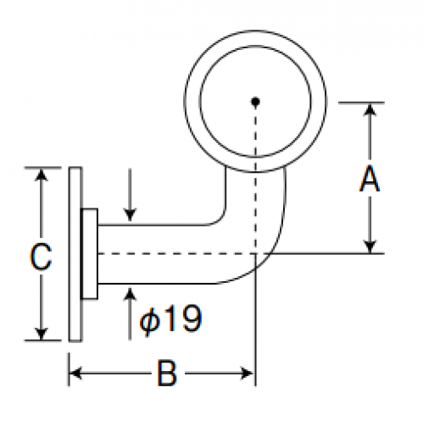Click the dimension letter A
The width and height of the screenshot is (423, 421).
tap(370, 179)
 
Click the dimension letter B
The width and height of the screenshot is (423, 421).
tap(167, 373)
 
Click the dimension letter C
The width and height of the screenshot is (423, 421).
tap(41, 257)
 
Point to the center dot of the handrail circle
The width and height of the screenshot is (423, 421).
tap(255, 102)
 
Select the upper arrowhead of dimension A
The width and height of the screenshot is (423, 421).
tap(370, 109)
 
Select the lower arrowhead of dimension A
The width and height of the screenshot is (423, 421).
tap(370, 247)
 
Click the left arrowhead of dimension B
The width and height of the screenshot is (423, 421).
tap(75, 373)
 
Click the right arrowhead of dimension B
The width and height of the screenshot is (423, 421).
tap(247, 373)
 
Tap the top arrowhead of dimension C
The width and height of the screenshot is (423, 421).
tap(42, 174)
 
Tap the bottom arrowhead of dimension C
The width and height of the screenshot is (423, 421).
tap(42, 334)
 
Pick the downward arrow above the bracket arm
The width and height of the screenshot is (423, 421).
tap(130, 195)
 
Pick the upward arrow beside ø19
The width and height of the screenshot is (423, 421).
tap(130, 313)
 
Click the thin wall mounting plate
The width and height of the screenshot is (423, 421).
tap(75, 254)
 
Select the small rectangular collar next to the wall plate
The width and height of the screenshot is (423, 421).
tap(89, 253)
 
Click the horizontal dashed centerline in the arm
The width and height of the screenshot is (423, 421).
tap(176, 254)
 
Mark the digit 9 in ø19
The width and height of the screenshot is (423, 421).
tap(192, 319)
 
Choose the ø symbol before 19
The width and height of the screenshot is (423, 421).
tap(150, 321)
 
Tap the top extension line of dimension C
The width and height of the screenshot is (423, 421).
tap(42, 168)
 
